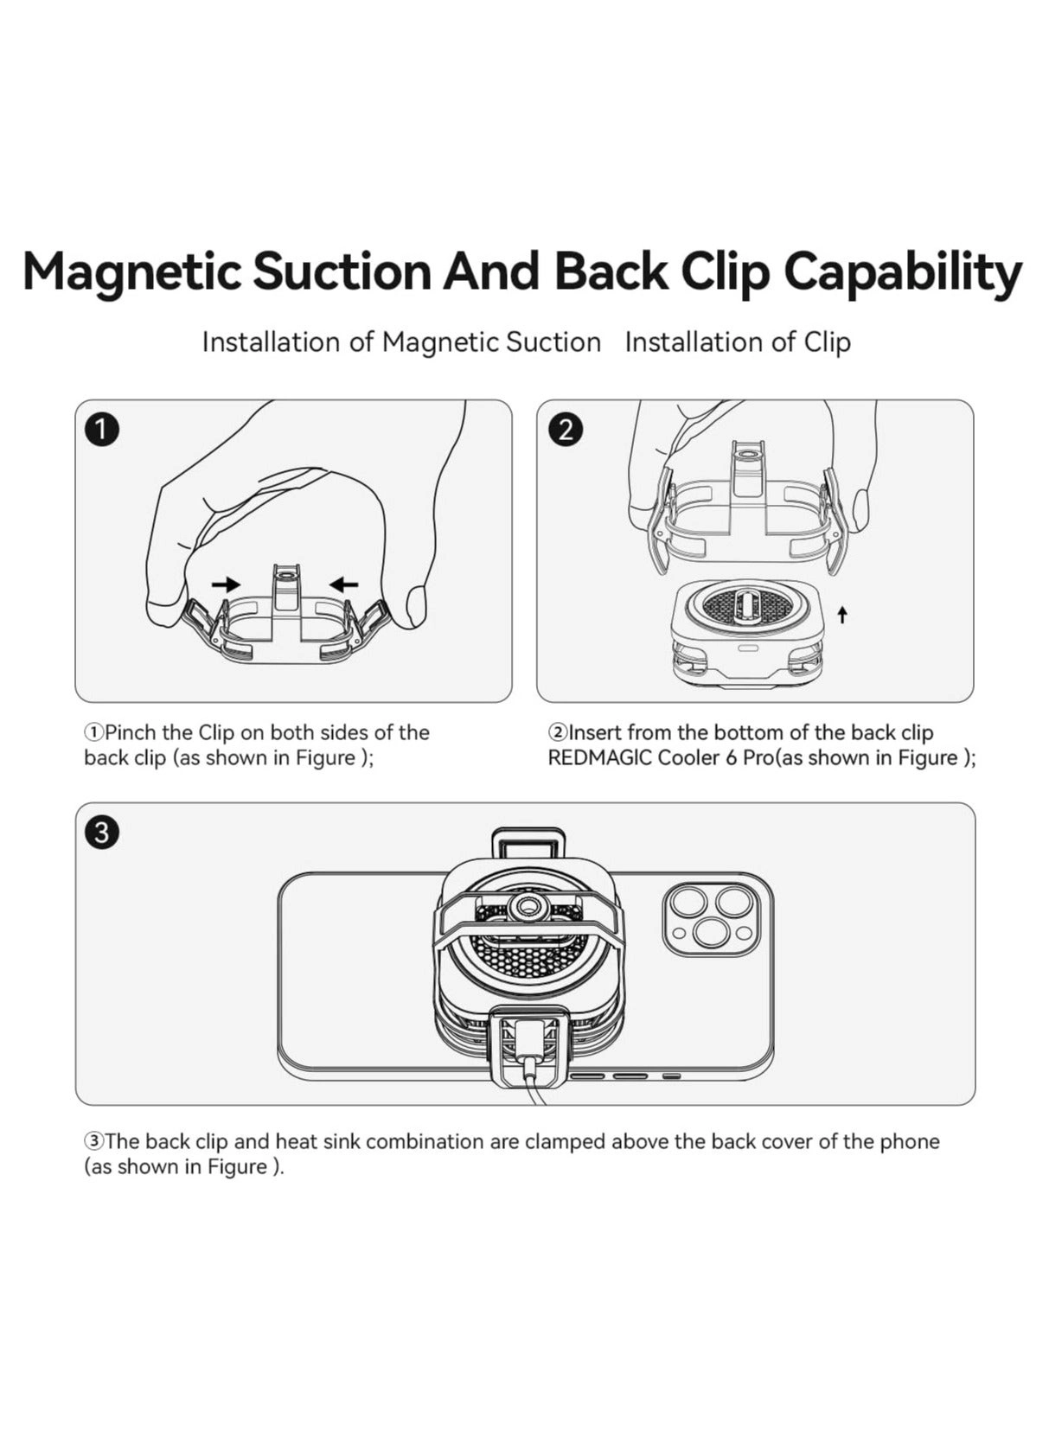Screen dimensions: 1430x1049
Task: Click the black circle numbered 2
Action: [566, 430]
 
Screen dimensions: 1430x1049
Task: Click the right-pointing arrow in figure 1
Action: [227, 584]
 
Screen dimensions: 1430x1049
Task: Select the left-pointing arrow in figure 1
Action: [344, 584]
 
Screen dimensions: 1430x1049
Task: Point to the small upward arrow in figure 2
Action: [842, 615]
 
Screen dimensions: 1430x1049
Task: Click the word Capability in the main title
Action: [902, 271]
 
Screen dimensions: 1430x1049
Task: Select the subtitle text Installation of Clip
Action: [737, 342]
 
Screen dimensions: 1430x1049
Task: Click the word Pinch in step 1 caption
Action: [131, 732]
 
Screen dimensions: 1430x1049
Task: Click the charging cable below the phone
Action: [538, 1090]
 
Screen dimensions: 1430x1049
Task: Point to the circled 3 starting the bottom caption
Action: [93, 1141]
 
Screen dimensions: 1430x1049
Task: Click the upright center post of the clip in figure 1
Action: [286, 593]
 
